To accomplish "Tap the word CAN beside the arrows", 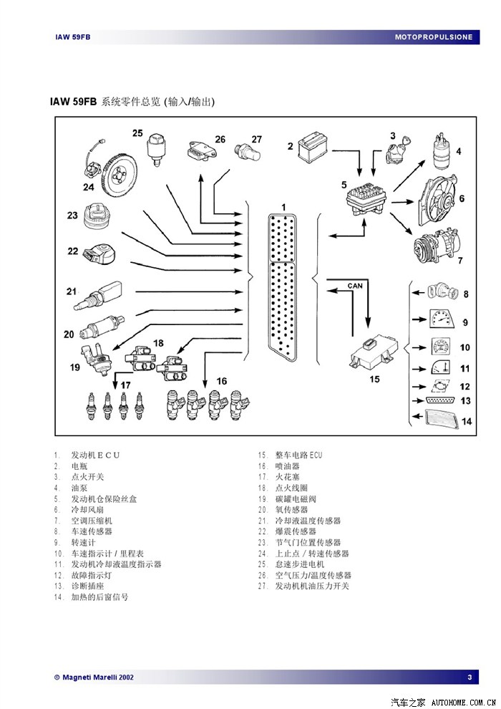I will click(355, 285).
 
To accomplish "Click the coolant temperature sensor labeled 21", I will click(99, 296).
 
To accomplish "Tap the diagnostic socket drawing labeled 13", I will click(441, 401).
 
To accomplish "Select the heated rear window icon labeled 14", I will click(440, 420).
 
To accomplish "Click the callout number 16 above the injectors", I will click(221, 381).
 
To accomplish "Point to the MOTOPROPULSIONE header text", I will click(434, 37).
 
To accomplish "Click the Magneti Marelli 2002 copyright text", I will click(94, 677).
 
